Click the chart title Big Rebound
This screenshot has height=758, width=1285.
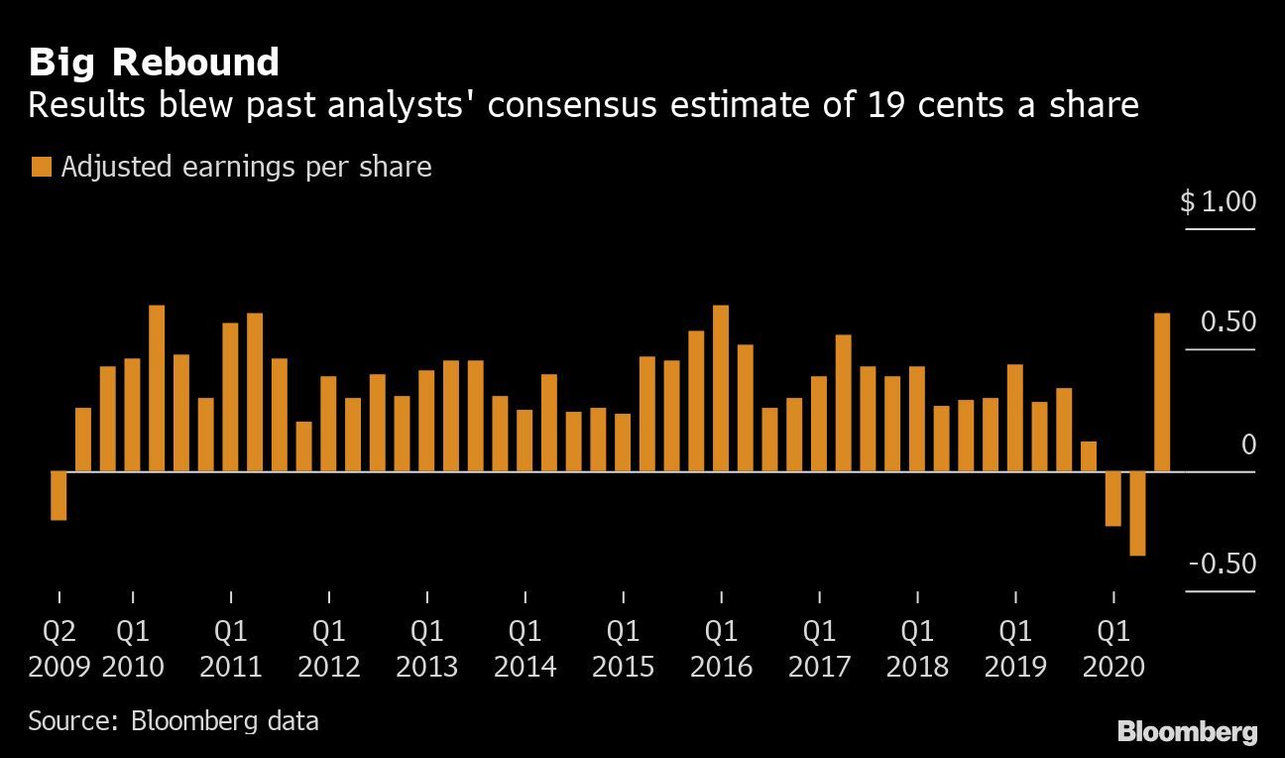(x=154, y=63)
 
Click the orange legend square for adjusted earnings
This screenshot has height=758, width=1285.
(x=41, y=168)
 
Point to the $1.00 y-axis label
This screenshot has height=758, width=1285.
(x=1218, y=202)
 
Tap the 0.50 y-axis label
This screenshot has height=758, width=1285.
(x=1227, y=322)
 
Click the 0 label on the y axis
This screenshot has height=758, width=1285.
(x=1248, y=445)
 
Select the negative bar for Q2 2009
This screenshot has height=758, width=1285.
(x=58, y=495)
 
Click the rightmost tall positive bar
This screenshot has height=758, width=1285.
(x=1162, y=392)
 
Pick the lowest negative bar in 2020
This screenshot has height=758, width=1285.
(x=1137, y=513)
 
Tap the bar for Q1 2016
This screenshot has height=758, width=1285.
(x=721, y=388)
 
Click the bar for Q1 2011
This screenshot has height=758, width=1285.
(x=230, y=397)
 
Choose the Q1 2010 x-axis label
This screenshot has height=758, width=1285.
(x=133, y=649)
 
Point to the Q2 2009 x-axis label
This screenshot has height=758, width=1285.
(x=59, y=649)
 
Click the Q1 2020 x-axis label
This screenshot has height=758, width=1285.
(x=1113, y=649)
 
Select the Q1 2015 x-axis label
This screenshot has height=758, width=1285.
(x=623, y=649)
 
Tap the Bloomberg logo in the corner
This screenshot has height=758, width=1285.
(x=1187, y=733)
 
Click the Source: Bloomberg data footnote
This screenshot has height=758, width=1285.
(x=174, y=720)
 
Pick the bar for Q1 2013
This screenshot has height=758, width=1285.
(x=426, y=421)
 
